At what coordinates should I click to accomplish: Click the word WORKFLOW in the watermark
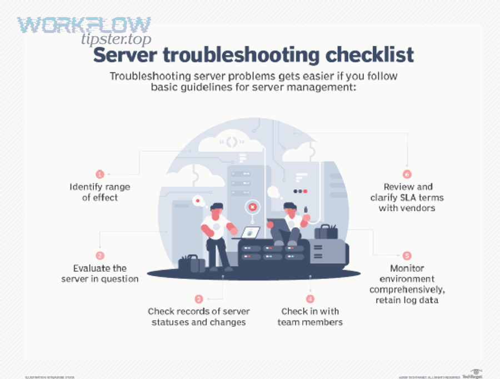(x=84, y=25)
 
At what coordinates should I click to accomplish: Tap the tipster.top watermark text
(x=116, y=39)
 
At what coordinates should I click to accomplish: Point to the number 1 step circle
(x=100, y=174)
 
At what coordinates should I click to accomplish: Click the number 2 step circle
(x=100, y=256)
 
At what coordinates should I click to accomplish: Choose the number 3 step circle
(x=199, y=299)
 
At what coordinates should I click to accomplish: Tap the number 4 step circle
(x=310, y=299)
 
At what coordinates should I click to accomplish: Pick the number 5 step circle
(x=407, y=256)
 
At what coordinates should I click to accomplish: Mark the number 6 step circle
(x=407, y=174)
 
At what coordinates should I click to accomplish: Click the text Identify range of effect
(x=100, y=192)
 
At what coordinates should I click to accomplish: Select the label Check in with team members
(x=310, y=317)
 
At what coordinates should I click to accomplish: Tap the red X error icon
(x=252, y=207)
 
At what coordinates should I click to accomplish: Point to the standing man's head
(x=216, y=210)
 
